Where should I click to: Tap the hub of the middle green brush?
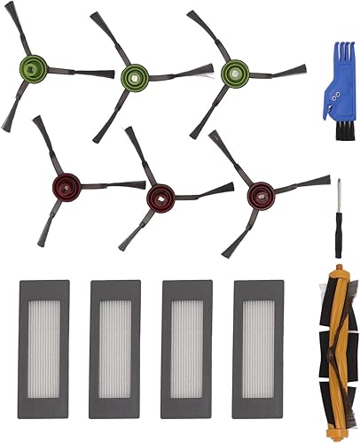tap(136, 76)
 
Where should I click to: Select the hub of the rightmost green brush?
tap(234, 72)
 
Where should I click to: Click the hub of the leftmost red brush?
tap(67, 185)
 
